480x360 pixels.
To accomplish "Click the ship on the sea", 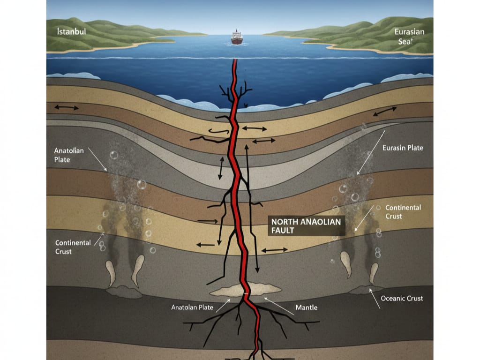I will (237, 38).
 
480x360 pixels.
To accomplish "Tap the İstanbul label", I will (70, 32).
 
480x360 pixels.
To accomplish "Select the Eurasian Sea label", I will (409, 37).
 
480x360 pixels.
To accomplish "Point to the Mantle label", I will (307, 307).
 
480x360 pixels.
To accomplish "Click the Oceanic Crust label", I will (402, 298).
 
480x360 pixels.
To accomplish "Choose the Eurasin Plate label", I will (403, 148).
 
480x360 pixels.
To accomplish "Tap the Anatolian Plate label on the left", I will (69, 155).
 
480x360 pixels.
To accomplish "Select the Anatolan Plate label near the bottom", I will (192, 307).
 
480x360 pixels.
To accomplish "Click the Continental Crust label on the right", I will (403, 211).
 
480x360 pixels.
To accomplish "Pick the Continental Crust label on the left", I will (73, 247).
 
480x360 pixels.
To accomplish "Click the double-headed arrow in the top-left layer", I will (67, 108).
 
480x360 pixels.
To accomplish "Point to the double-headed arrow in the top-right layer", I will (385, 112).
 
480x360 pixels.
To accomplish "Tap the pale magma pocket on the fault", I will (246, 290).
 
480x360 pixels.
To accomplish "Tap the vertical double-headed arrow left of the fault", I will (219, 168).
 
